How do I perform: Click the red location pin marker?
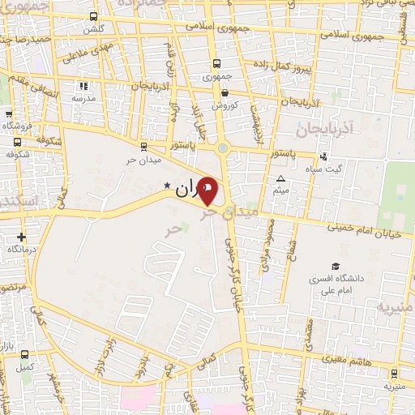208,191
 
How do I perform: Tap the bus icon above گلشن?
94,16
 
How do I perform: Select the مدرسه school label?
83,98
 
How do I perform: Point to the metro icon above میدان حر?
143,146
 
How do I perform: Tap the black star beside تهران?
168,186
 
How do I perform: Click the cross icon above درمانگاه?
21,237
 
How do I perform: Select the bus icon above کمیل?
24,354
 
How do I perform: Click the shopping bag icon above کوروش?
224,93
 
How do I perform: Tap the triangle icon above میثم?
281,178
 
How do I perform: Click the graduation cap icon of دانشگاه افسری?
335,267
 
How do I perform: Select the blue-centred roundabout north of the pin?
222,148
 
